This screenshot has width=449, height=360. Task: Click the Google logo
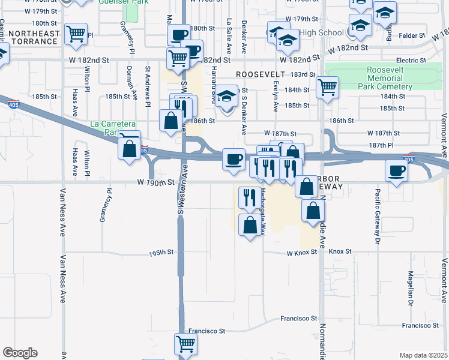coord(20,353)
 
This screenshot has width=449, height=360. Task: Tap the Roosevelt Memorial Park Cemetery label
coord(390,79)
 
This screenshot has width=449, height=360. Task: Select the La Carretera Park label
coord(112,128)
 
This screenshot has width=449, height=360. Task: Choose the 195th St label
coord(161,254)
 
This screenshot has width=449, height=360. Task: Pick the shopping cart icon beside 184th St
coord(328,88)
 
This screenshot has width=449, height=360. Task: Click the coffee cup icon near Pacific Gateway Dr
coord(397,170)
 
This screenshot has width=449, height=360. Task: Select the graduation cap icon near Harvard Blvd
coord(227,97)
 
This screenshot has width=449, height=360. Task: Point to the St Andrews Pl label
coord(147,87)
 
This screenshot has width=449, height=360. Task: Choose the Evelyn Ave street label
coord(276,95)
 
